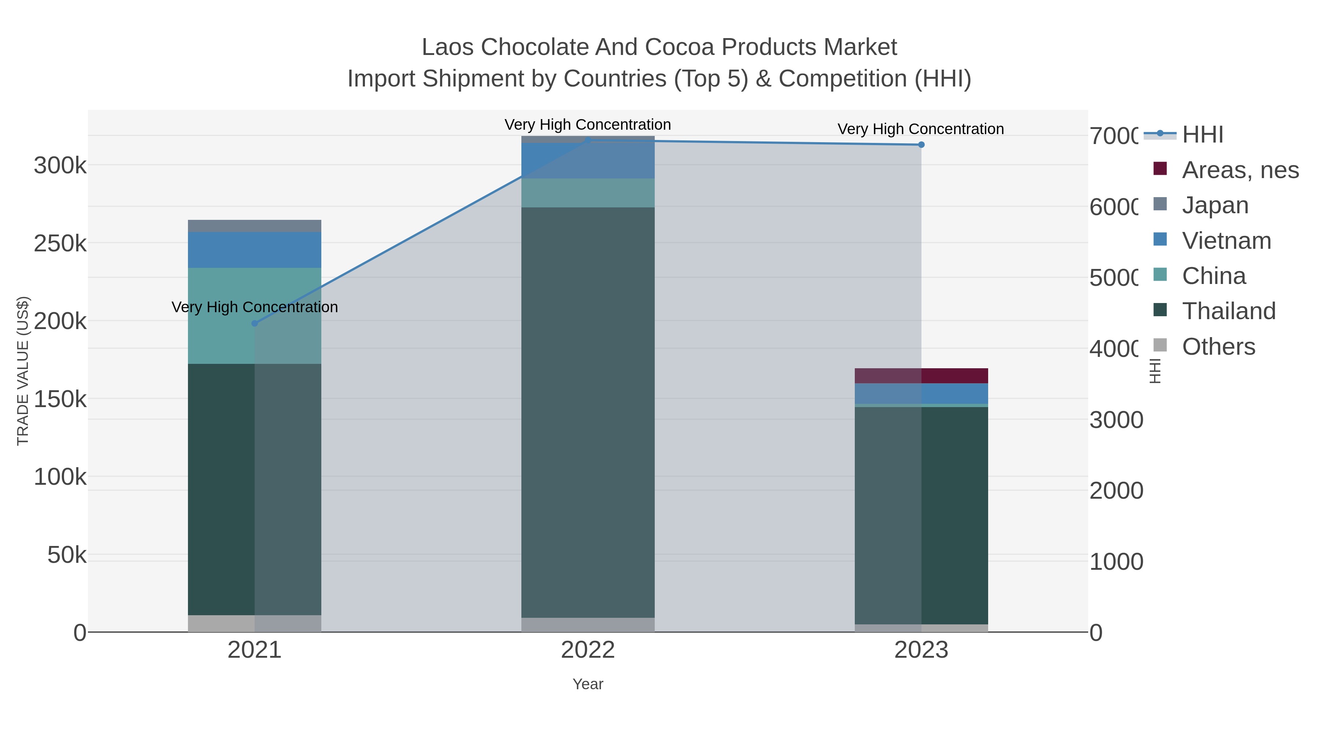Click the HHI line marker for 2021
click(x=255, y=323)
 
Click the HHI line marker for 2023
click(x=921, y=145)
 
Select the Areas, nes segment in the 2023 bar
click(x=921, y=375)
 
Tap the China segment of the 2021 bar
click(x=255, y=315)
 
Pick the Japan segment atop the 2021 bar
click(x=255, y=226)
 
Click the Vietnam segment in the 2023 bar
click(x=921, y=393)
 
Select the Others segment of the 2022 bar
click(x=588, y=624)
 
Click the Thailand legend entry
click(x=1229, y=311)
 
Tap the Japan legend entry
click(x=1215, y=205)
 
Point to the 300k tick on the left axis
click(x=60, y=165)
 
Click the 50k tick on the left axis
click(x=67, y=555)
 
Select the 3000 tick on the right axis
click(x=1116, y=420)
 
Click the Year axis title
click(x=588, y=684)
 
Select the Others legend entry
click(x=1218, y=347)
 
